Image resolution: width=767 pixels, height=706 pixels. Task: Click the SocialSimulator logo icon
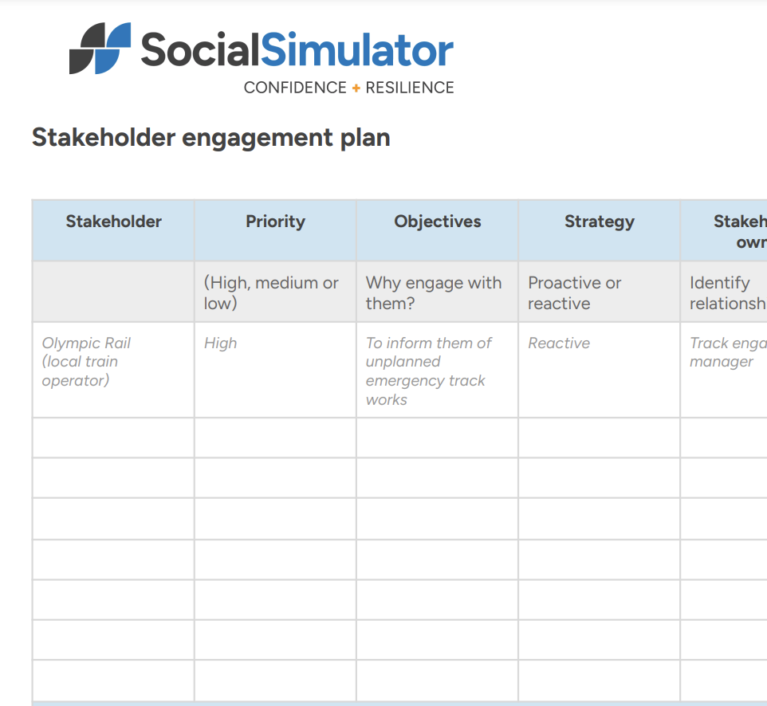100,49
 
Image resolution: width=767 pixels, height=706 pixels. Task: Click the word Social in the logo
200,49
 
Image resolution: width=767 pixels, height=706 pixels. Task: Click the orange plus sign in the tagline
356,88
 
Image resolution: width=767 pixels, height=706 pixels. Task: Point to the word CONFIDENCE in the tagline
295,88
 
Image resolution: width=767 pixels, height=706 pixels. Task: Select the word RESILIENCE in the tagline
410,88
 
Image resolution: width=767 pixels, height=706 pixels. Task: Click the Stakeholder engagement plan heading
210,138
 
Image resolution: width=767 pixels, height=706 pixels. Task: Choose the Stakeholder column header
113,222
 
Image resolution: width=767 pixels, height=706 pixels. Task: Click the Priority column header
275,222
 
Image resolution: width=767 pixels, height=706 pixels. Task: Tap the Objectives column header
438,222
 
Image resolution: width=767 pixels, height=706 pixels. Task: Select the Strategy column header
600,222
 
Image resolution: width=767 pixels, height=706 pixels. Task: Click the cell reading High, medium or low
271,292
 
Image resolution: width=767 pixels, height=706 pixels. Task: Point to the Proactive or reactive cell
574,292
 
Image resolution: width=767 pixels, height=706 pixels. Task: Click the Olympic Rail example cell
85,362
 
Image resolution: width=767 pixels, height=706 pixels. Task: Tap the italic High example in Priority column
221,343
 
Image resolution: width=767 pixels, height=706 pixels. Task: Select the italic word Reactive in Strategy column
559,343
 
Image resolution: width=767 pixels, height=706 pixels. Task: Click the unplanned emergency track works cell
428,371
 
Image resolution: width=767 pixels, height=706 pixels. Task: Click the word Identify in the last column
719,283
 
